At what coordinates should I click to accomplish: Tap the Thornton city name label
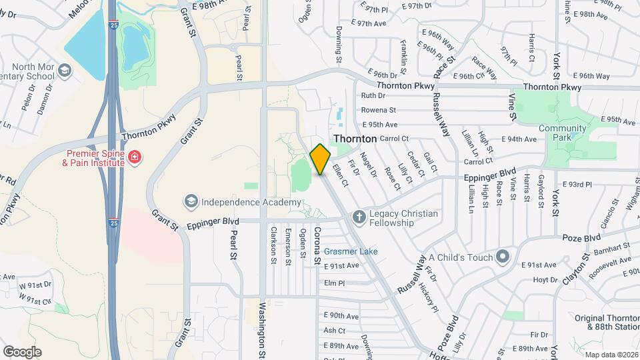(355, 138)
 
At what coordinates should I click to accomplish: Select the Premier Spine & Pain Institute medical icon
(135, 157)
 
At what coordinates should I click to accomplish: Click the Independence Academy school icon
(191, 201)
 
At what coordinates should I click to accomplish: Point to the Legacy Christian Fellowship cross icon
(359, 216)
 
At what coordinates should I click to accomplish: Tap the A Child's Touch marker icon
(503, 257)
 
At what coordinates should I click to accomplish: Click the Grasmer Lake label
(351, 251)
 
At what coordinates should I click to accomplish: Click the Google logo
(22, 351)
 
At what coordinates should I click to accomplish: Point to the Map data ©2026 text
(610, 354)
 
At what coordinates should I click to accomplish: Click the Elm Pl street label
(334, 283)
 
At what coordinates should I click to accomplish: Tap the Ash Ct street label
(334, 330)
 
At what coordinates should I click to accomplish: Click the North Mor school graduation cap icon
(64, 70)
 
